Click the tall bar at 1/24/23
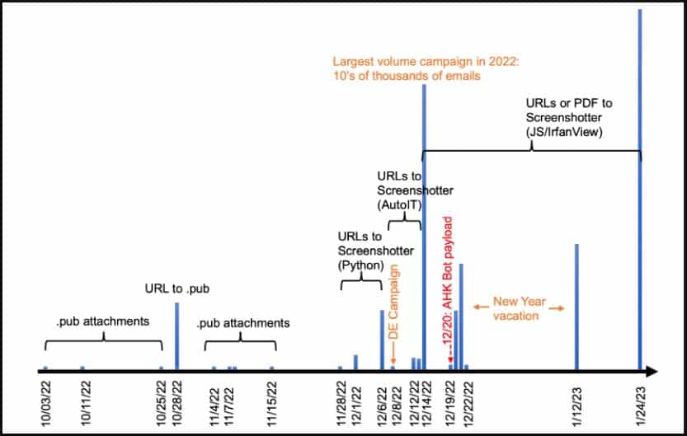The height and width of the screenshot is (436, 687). pos(640,190)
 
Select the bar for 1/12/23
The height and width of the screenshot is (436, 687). pos(576,307)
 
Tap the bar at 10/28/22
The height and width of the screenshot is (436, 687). pos(177,336)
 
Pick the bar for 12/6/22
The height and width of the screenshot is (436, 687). pos(382,340)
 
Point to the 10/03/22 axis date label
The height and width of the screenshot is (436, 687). pos(46,403)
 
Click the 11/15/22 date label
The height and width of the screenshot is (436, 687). pos(272,403)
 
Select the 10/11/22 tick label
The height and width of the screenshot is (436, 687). pos(86,403)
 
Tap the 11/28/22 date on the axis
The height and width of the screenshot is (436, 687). pos(341,403)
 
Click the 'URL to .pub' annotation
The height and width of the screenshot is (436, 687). pos(177,289)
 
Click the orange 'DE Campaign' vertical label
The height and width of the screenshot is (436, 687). pos(394,302)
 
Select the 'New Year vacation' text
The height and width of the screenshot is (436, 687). pos(520,308)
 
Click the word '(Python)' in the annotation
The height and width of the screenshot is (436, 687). pos(360,265)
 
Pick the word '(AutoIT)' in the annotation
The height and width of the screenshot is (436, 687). pos(399,205)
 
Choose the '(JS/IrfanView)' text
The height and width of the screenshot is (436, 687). pos(564,132)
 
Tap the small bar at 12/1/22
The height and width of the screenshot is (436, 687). pos(355,363)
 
